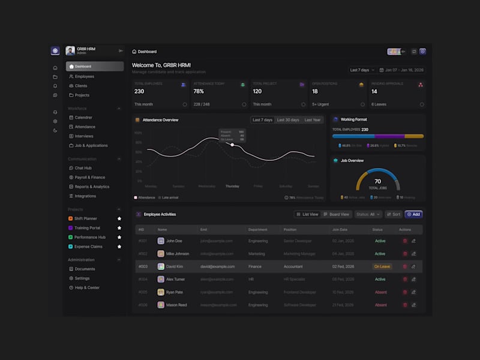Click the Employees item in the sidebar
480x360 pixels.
click(84, 76)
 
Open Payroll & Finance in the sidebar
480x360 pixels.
click(89, 177)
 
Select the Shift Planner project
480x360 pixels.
click(85, 218)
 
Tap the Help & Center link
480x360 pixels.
click(87, 287)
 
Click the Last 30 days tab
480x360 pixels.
click(287, 120)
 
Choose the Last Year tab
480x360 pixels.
click(312, 120)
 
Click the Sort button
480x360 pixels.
click(394, 214)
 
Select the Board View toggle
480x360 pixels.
click(336, 214)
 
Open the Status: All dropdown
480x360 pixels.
click(368, 214)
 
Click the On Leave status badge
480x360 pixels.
click(382, 266)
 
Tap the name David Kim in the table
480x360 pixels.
click(175, 266)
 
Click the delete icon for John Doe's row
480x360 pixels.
click(405, 241)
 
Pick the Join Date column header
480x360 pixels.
click(340, 229)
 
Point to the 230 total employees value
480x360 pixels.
click(139, 92)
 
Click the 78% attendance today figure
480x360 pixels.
click(199, 92)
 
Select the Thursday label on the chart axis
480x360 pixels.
click(232, 186)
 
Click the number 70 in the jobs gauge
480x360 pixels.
click(377, 181)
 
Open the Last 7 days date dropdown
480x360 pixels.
click(362, 70)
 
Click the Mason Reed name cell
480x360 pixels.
click(177, 305)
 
